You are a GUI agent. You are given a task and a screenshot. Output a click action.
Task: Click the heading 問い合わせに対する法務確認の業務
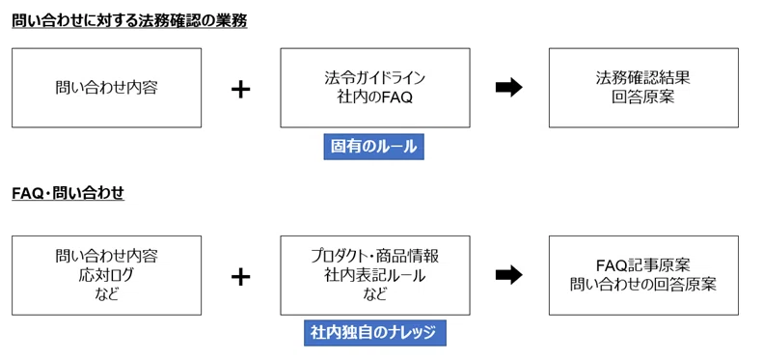point(129,21)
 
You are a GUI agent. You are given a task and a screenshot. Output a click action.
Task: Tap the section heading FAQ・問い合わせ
point(68,193)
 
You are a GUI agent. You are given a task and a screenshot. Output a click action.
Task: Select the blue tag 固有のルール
point(373,147)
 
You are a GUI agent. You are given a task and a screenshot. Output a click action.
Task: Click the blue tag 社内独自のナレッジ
point(374,333)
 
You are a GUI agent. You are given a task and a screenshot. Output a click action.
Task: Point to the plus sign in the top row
point(240,90)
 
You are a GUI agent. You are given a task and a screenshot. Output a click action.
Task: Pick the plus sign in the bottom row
point(240,277)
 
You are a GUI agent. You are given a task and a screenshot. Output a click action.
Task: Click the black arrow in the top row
point(509,88)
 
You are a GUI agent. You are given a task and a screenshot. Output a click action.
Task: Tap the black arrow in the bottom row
point(509,275)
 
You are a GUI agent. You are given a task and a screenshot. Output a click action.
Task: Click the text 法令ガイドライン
point(374,78)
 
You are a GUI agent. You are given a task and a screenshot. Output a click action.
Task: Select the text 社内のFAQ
point(374,97)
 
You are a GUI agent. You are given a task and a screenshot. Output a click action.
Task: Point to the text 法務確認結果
point(643,78)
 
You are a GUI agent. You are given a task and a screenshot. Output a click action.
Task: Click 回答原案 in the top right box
point(643,97)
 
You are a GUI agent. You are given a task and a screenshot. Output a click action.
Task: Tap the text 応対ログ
point(106,275)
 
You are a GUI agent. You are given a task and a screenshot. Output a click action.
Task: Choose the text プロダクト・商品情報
point(374,256)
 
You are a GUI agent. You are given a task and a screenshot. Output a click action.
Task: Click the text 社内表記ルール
point(374,276)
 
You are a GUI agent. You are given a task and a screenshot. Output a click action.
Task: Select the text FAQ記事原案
point(643,265)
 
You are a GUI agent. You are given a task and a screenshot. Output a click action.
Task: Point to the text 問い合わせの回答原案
point(643,285)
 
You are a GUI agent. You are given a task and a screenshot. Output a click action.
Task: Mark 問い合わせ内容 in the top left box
point(106,88)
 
